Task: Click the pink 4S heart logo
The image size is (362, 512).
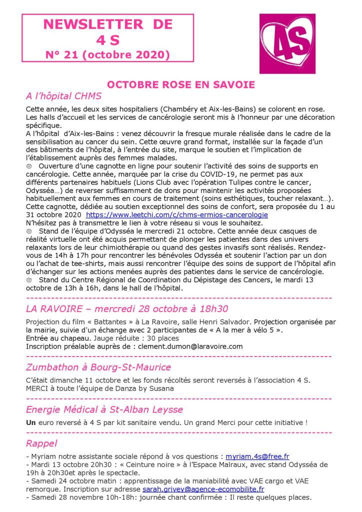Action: tap(287, 43)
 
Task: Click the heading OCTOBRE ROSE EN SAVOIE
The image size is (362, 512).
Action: tap(181, 84)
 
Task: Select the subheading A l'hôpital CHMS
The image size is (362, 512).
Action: tap(63, 96)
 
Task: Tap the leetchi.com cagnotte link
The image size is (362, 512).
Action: tap(177, 214)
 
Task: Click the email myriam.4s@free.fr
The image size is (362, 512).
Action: tap(257, 456)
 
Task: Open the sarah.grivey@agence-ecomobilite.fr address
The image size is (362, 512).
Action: tap(203, 489)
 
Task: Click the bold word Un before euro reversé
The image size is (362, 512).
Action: tap(30, 422)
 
